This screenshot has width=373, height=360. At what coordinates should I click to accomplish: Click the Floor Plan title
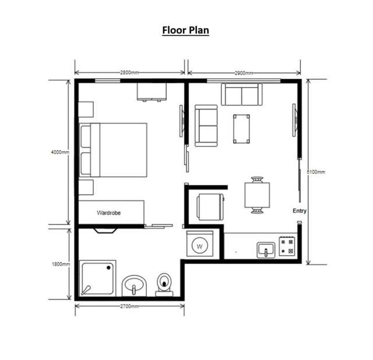tap(185, 30)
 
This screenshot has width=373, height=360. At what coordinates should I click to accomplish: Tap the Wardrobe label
tap(109, 212)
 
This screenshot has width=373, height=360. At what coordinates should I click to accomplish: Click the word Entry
tap(300, 211)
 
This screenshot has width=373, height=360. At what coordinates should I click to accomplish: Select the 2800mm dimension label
tap(129, 72)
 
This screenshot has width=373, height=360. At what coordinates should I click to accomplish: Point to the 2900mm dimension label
tap(244, 73)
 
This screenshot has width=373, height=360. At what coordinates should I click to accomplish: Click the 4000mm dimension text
tap(60, 152)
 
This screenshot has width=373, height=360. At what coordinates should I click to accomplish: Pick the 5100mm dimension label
tap(316, 172)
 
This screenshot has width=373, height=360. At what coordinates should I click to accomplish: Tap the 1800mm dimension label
tap(61, 264)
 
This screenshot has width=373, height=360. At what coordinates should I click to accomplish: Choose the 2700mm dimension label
tap(129, 306)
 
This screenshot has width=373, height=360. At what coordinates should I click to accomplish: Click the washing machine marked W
tap(200, 243)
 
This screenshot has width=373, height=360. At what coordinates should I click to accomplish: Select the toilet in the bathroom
tap(164, 285)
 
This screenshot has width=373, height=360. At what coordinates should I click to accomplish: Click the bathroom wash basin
tap(134, 286)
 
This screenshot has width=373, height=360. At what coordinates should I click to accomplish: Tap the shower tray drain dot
tap(108, 268)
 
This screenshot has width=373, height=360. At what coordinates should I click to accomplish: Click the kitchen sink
tap(266, 250)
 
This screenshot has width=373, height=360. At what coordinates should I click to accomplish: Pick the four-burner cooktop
tap(287, 246)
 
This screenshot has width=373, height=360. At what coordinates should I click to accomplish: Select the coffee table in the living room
tap(241, 129)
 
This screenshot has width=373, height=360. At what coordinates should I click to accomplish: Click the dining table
tap(257, 195)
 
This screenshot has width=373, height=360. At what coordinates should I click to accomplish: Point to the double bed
tap(113, 150)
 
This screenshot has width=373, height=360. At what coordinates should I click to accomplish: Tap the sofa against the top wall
tap(242, 95)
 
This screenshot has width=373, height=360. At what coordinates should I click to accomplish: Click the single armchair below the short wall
tap(210, 207)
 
